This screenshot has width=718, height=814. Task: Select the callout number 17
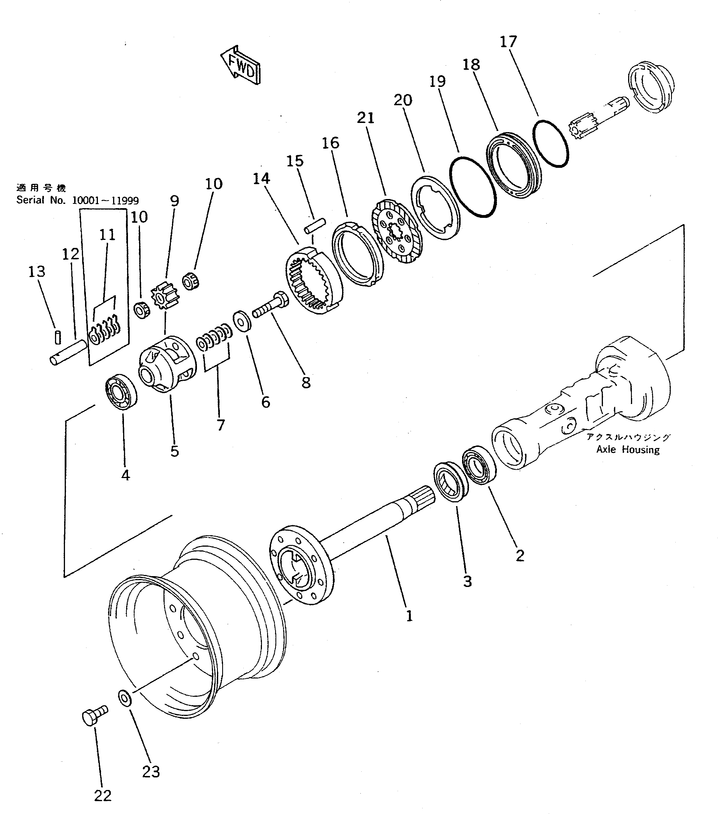[x=508, y=42]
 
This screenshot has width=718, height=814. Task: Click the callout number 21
[x=366, y=118]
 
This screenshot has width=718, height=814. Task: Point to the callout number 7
[x=220, y=425]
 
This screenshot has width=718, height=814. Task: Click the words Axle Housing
[x=628, y=450]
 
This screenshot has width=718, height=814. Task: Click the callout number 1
[x=409, y=616]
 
